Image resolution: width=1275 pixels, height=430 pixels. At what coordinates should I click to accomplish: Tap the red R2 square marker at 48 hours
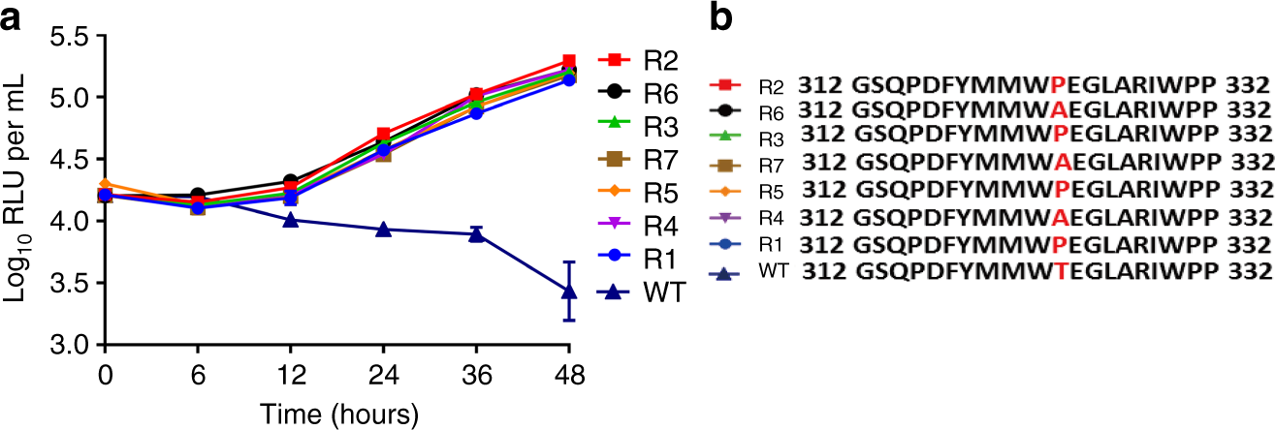point(569,61)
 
